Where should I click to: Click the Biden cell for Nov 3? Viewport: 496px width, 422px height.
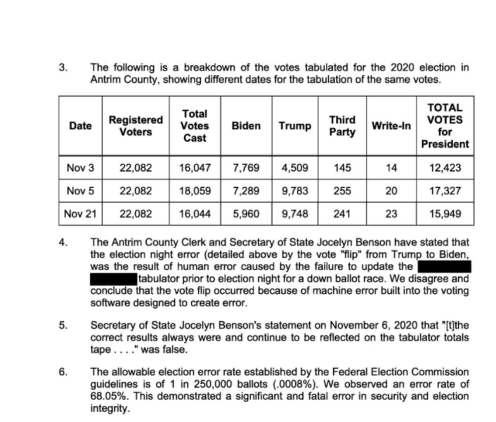coord(246,168)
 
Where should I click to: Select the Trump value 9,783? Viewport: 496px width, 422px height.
coord(295,191)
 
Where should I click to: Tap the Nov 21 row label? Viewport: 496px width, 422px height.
coord(80,214)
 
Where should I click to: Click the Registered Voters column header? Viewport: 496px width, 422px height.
coord(135,126)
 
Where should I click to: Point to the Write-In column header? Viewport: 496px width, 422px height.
coord(391,126)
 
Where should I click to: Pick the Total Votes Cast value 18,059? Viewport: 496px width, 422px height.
coord(195,191)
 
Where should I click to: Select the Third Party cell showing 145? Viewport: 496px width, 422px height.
coord(342,168)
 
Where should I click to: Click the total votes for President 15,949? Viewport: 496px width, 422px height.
coord(445,214)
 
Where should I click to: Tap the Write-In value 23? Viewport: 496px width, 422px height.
coord(391,214)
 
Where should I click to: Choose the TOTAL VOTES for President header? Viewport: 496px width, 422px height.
coord(445,126)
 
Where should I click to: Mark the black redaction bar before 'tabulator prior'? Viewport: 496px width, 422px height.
coord(113,279)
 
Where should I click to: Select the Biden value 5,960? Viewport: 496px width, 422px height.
coord(246,214)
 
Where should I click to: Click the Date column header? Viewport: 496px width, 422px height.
coord(80,126)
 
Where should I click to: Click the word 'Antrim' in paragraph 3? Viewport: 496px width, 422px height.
coord(105,80)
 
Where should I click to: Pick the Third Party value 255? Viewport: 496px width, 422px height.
coord(342,191)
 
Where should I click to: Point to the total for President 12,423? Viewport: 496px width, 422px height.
coord(445,168)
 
